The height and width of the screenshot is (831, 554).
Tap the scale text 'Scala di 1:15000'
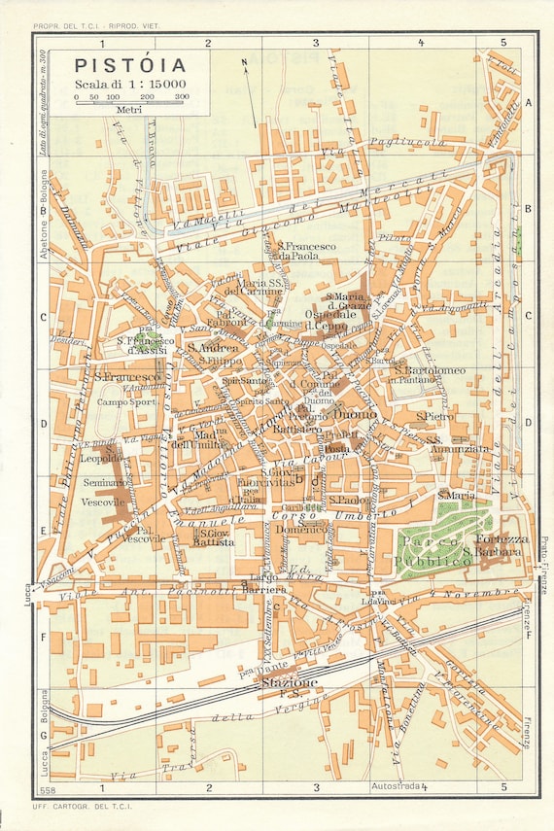130,85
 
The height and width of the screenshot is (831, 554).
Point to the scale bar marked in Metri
130,104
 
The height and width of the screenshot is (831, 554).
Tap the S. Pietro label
434,416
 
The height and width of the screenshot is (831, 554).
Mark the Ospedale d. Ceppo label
332,321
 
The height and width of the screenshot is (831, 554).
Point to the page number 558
47,784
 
